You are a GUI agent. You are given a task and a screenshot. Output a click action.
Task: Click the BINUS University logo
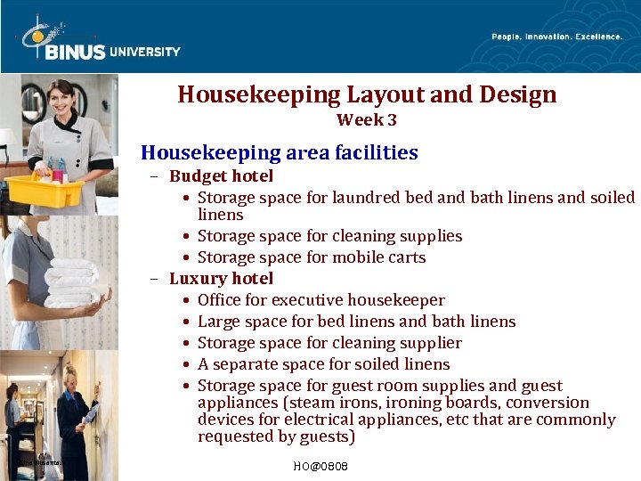(x=98, y=41)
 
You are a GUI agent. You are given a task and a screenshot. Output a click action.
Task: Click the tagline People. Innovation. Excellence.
(x=556, y=37)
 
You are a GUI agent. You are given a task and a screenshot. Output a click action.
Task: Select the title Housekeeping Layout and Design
(x=367, y=94)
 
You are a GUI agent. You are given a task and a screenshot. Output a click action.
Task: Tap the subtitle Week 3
(x=367, y=120)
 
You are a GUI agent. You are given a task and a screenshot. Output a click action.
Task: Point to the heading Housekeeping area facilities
(x=280, y=152)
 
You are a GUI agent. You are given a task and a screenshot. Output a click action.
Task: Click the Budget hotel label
(x=221, y=176)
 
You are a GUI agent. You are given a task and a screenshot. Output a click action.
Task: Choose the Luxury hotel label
(x=221, y=279)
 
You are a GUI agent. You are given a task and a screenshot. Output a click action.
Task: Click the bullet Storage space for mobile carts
(x=312, y=257)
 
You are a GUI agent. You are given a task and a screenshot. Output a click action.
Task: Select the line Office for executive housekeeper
(x=320, y=300)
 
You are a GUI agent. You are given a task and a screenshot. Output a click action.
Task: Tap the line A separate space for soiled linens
(x=323, y=364)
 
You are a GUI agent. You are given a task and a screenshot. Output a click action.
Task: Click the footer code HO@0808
(x=320, y=467)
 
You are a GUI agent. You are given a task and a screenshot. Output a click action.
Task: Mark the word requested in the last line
(x=233, y=436)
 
